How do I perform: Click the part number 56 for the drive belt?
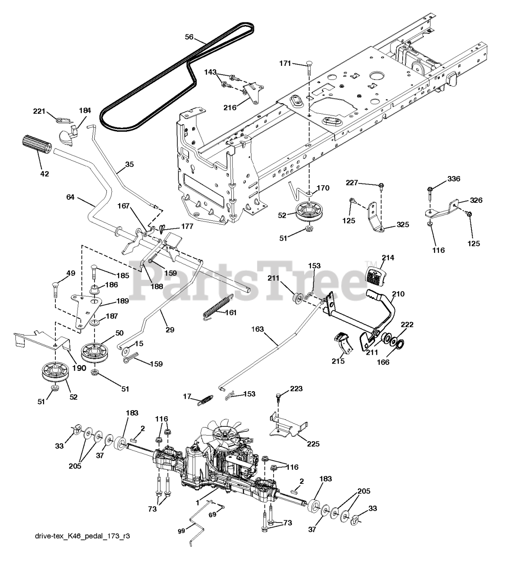(189, 37)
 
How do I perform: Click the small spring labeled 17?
(207, 400)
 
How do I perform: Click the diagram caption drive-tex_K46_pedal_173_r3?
(83, 537)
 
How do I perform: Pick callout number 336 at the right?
(454, 179)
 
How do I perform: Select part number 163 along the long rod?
(259, 328)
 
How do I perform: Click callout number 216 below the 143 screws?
(230, 107)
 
